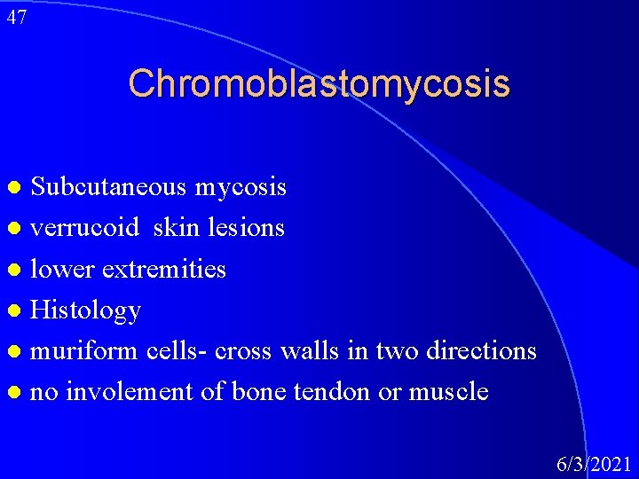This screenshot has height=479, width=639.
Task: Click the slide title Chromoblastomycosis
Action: pos(319,84)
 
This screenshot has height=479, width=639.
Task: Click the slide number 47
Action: pos(16,17)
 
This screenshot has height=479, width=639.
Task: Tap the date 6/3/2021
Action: pos(594,464)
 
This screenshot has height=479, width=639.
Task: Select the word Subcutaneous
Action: pos(108,187)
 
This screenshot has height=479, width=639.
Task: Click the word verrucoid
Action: pos(85,228)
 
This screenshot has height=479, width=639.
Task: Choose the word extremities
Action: pos(164,269)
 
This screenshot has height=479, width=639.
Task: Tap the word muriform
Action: pos(84,350)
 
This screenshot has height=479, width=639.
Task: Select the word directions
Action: pos(481,350)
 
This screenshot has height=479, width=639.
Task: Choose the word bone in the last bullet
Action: pos(258,391)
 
